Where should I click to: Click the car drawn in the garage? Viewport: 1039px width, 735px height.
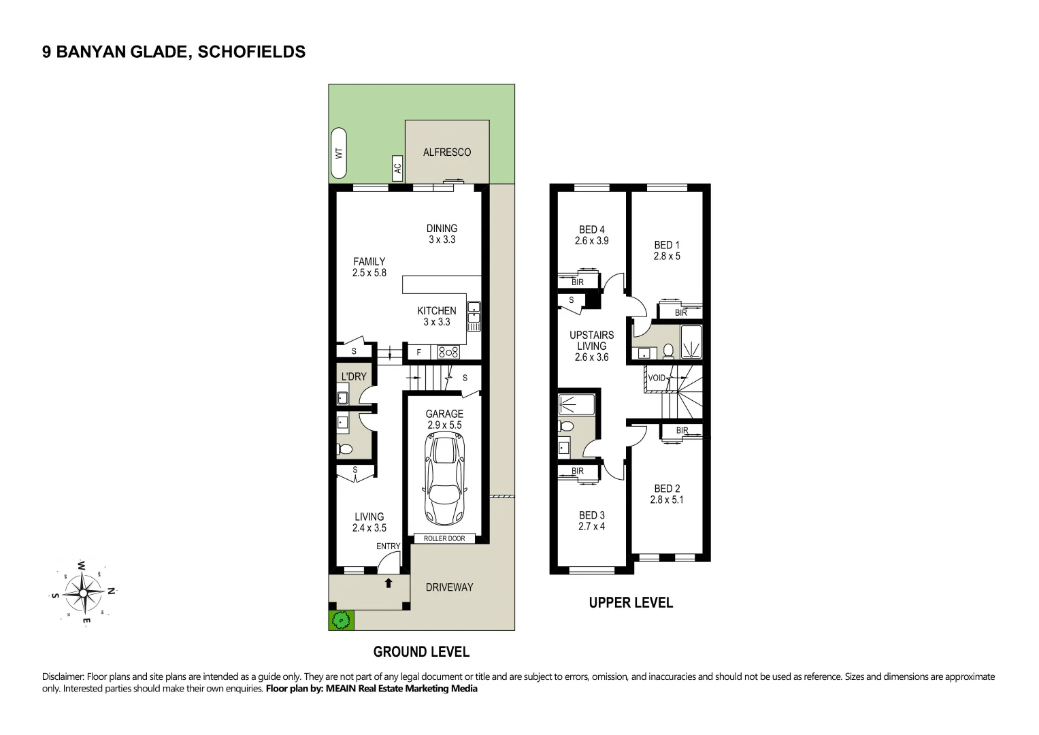click(x=444, y=480)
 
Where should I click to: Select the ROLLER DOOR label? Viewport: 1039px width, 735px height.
click(x=444, y=538)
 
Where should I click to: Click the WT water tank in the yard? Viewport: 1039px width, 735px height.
click(x=339, y=154)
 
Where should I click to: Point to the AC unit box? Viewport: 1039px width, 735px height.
click(x=397, y=167)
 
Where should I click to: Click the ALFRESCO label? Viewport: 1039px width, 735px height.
click(x=447, y=152)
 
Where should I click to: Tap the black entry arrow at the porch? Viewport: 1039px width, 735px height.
click(x=389, y=583)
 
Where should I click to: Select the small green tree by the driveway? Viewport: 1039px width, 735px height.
click(x=341, y=619)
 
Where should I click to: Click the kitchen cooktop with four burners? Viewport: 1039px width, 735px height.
click(x=448, y=352)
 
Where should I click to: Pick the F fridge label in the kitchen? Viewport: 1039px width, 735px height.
click(x=418, y=353)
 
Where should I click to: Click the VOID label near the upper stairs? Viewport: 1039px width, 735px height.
click(x=657, y=378)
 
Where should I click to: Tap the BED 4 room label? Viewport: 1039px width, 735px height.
click(x=591, y=229)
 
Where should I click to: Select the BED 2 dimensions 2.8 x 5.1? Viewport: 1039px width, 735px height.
click(x=667, y=500)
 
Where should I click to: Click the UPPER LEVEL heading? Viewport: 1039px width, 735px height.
click(x=631, y=602)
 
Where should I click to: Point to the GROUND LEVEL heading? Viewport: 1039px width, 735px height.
click(x=421, y=651)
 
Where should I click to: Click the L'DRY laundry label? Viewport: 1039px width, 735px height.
click(x=354, y=376)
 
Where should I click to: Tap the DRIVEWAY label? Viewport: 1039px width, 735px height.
click(x=449, y=587)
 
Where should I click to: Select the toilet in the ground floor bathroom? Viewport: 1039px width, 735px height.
click(x=345, y=449)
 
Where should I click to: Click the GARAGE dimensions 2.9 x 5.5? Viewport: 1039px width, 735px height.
click(x=444, y=425)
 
